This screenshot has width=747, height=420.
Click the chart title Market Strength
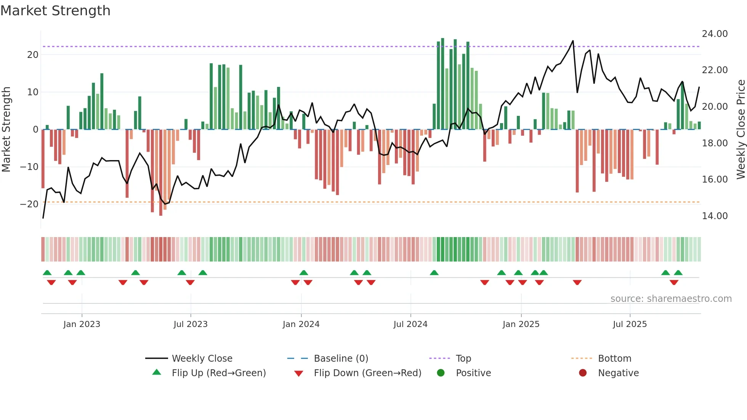point(55,11)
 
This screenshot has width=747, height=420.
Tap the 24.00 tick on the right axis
point(715,34)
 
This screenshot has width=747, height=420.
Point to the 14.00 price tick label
point(715,216)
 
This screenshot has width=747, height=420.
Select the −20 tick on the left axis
point(29,204)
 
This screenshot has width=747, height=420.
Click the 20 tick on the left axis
point(33,55)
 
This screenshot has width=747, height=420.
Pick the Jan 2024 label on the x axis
point(301,324)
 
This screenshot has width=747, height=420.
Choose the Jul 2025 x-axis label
point(630,324)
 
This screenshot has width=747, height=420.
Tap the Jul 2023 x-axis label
point(190,324)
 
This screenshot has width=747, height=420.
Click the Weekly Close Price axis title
point(741,129)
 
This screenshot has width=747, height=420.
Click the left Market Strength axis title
point(6,129)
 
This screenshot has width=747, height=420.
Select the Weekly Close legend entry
point(202,359)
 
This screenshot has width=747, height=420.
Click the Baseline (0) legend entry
point(341,359)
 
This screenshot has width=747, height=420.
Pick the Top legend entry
point(463,359)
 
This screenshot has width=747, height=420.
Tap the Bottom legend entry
point(614,359)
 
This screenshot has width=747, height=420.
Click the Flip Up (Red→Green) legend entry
point(218,373)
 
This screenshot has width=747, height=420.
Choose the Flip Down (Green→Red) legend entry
point(367,373)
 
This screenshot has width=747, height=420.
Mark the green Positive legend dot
point(441,373)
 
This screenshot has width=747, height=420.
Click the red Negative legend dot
point(583,373)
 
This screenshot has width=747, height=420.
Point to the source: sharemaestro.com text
point(671,299)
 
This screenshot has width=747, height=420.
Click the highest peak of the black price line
point(572,41)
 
